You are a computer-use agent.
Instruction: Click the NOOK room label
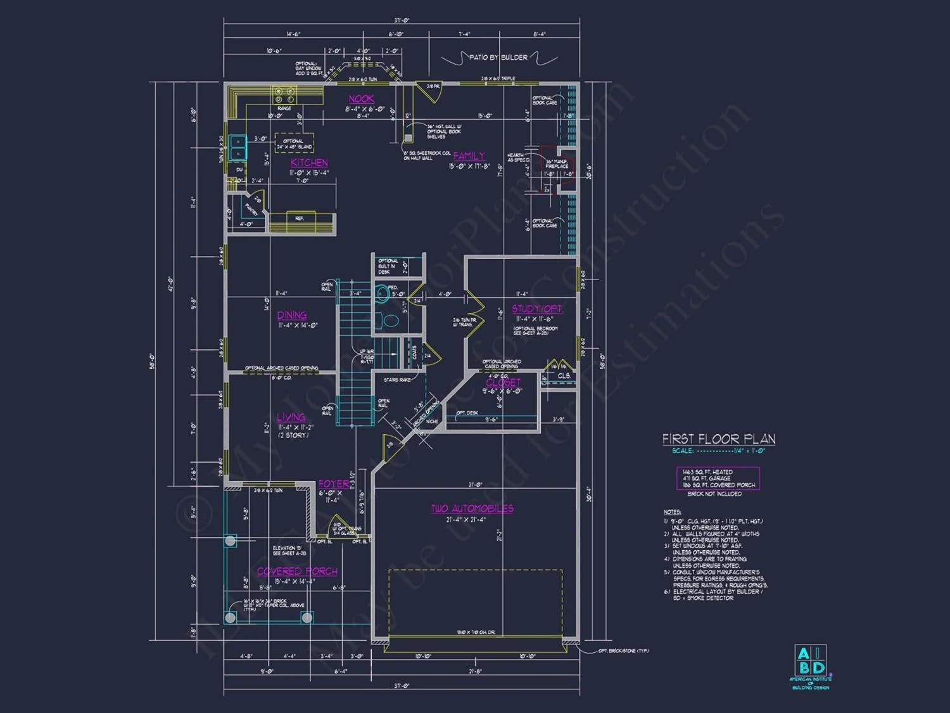tap(362, 99)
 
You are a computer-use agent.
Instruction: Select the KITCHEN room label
tap(309, 163)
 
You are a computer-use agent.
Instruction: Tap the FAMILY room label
tap(469, 156)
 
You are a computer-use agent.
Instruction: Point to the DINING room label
tap(292, 315)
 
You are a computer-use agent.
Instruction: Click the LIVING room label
tap(291, 417)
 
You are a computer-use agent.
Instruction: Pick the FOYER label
tap(333, 484)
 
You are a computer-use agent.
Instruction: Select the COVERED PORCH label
tap(297, 571)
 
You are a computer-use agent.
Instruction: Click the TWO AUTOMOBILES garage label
tap(472, 508)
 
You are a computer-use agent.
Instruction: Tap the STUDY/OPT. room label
tap(537, 309)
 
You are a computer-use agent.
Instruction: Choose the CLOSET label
tap(503, 382)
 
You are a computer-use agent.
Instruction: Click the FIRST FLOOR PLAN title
tap(718, 439)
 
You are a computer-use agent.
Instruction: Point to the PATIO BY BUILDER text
tap(498, 58)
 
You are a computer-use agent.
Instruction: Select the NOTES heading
tap(672, 511)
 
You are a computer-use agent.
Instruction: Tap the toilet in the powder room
tap(383, 293)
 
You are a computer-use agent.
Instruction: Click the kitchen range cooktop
tap(284, 95)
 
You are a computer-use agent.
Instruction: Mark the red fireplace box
tap(558, 165)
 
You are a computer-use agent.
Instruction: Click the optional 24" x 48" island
tap(294, 143)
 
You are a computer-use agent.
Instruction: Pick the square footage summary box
tap(718, 479)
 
